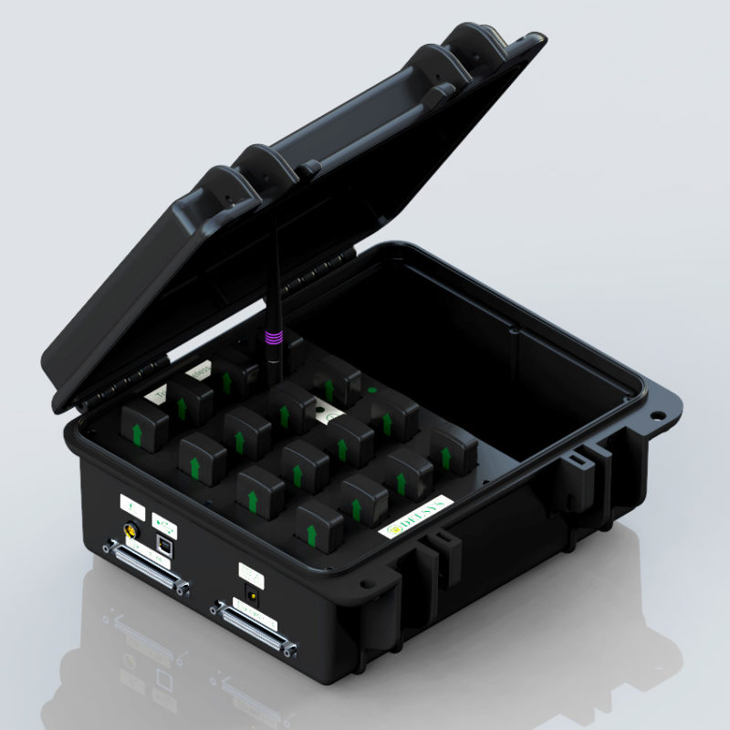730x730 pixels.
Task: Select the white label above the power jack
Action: pos(250,573)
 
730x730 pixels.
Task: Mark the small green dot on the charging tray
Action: pos(372,389)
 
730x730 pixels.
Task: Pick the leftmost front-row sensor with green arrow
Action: pos(146,424)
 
